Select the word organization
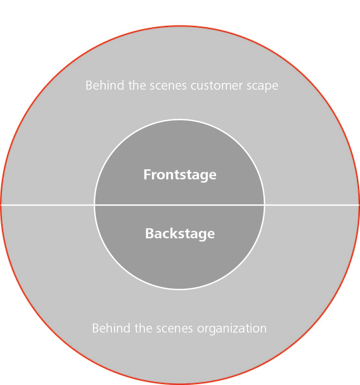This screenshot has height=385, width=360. click(x=232, y=329)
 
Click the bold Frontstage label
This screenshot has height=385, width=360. click(x=180, y=175)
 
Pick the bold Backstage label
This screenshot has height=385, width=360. click(x=180, y=234)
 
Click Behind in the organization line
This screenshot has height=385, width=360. click(x=111, y=328)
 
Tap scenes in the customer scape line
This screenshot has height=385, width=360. click(x=168, y=86)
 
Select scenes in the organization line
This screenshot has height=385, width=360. click(x=174, y=329)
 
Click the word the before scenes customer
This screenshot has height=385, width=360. click(x=137, y=86)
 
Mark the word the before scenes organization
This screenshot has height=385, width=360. click(x=143, y=328)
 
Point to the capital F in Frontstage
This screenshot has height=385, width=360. click(x=147, y=174)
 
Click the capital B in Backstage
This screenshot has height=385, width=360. click(x=150, y=233)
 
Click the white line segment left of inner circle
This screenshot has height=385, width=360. click(x=48, y=205)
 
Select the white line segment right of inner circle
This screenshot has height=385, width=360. click(x=312, y=205)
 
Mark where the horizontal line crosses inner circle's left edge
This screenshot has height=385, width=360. click(x=95, y=205)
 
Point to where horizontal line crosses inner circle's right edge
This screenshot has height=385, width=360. click(x=264, y=205)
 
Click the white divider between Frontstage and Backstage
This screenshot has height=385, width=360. click(x=180, y=205)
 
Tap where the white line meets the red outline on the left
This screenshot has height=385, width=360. click(x=1, y=205)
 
